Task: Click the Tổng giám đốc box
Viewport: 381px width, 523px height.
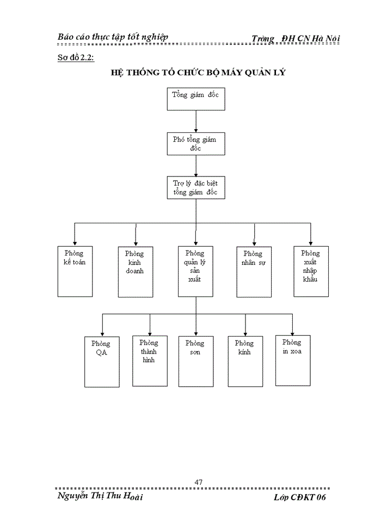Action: pyautogui.click(x=195, y=99)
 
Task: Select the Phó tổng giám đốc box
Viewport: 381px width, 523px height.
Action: pyautogui.click(x=195, y=143)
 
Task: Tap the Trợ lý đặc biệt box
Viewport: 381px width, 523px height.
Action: pyautogui.click(x=195, y=187)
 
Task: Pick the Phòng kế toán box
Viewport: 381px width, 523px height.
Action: pyautogui.click(x=75, y=271)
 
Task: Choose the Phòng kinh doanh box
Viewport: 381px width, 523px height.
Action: pyautogui.click(x=135, y=272)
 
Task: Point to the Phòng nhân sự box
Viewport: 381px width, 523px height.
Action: pyautogui.click(x=254, y=272)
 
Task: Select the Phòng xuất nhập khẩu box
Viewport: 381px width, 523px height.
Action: pyautogui.click(x=311, y=271)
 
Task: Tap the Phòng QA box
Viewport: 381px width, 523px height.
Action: pyautogui.click(x=102, y=362)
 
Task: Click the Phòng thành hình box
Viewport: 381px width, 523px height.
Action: pyautogui.click(x=149, y=361)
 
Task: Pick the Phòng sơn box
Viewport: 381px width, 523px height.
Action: pyautogui.click(x=195, y=361)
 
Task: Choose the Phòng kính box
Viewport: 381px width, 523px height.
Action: pyautogui.click(x=245, y=361)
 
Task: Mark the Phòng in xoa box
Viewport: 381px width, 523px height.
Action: pyautogui.click(x=293, y=360)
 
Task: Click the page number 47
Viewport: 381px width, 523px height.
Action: pyautogui.click(x=199, y=482)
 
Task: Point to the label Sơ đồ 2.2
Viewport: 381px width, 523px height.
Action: pyautogui.click(x=76, y=58)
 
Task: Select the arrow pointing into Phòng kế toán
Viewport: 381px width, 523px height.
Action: pyautogui.click(x=75, y=235)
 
